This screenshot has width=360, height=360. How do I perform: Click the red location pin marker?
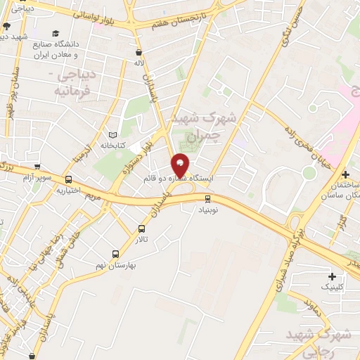click(x=181, y=165)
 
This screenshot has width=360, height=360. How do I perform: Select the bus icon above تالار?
click(x=142, y=229)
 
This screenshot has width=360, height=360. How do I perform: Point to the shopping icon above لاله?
click(x=139, y=52)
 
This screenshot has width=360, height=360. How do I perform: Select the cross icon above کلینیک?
click(x=331, y=276)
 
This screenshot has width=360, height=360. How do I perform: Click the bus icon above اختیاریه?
click(x=68, y=179)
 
